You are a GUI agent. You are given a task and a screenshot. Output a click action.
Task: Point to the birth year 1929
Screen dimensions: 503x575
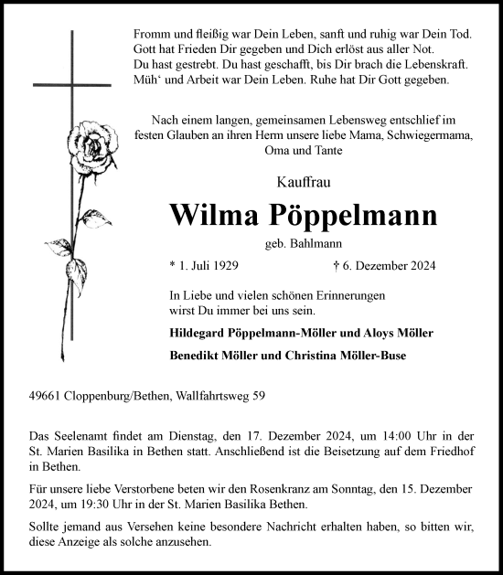[x=223, y=266]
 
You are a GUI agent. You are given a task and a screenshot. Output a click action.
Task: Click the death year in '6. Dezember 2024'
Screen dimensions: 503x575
[x=420, y=266]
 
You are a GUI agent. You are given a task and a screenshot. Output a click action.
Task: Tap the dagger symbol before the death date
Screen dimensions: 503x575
[x=337, y=266]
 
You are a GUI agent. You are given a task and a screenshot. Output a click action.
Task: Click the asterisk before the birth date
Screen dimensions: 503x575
[x=173, y=266]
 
